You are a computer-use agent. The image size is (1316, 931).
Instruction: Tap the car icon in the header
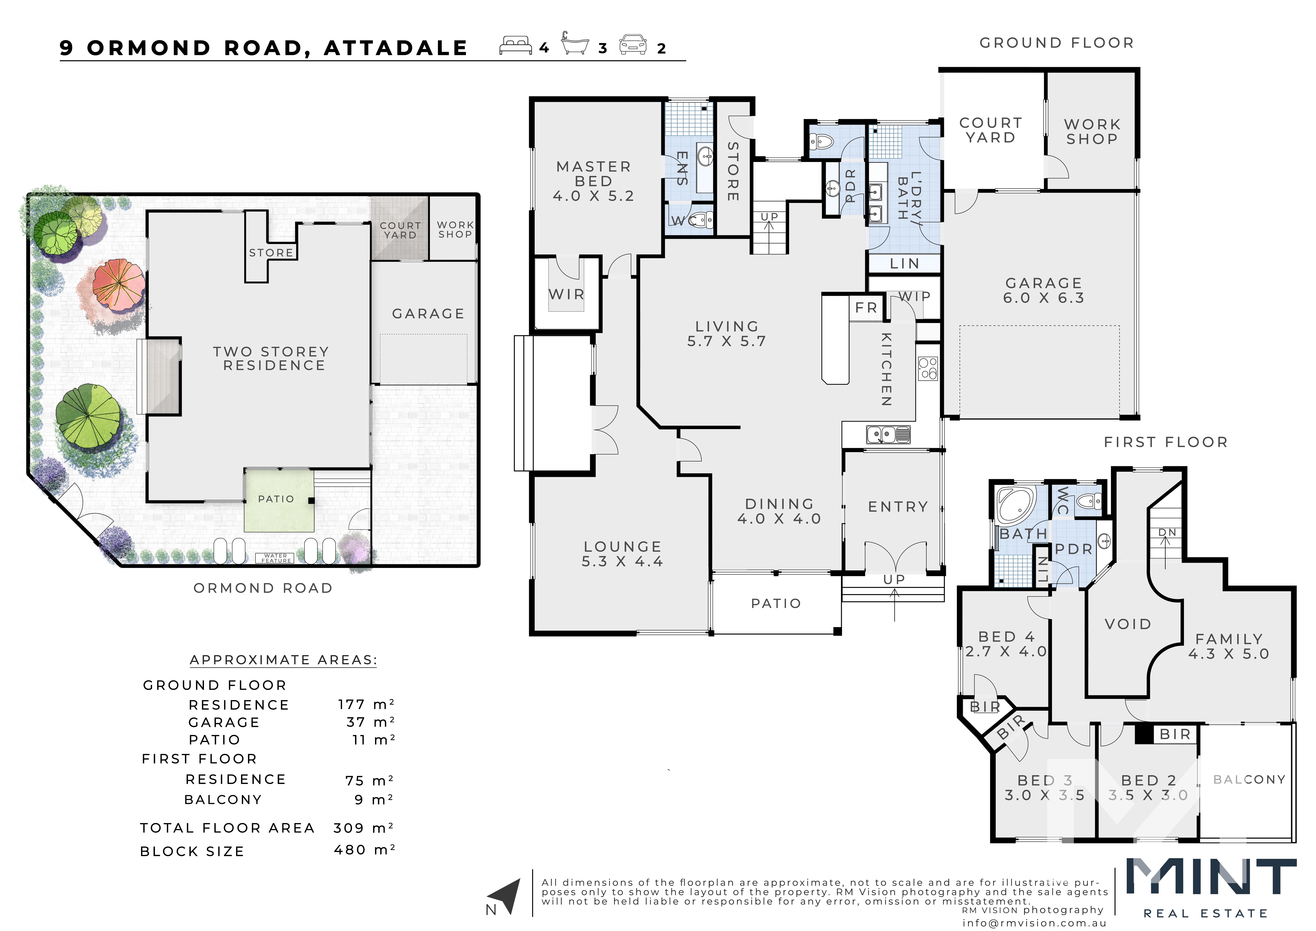633,45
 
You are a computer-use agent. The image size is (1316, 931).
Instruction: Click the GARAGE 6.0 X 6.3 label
1044,290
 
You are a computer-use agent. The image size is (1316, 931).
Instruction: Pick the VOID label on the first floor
1128,624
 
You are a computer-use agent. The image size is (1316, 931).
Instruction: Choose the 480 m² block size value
364,850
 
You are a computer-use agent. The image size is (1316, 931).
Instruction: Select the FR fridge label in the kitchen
866,308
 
